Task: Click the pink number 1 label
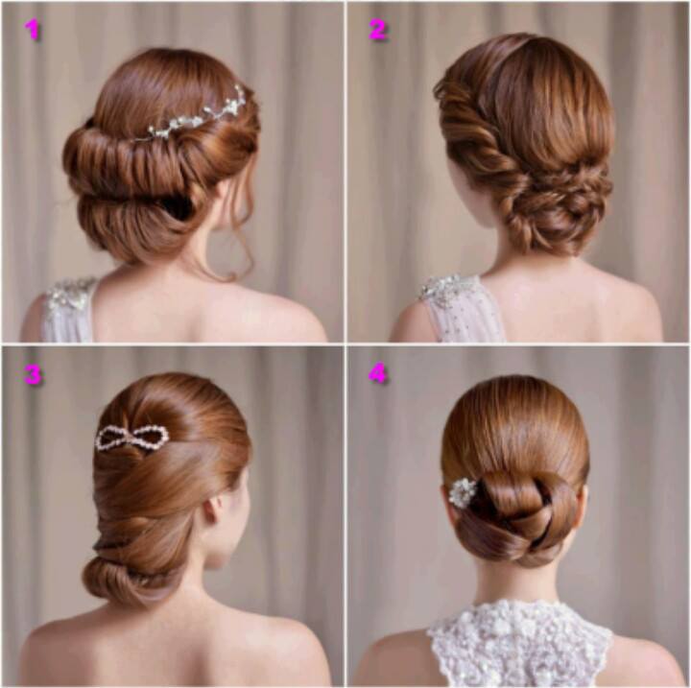[33, 30]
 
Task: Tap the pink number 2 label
[378, 30]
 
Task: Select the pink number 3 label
[33, 374]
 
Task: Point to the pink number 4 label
[378, 374]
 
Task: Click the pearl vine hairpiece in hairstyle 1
[194, 115]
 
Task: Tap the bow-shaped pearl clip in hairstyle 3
[132, 438]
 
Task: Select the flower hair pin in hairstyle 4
[463, 491]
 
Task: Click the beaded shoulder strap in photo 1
[70, 309]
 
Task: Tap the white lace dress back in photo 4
[520, 644]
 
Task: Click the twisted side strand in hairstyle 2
[476, 132]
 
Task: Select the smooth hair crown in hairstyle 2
[556, 97]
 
